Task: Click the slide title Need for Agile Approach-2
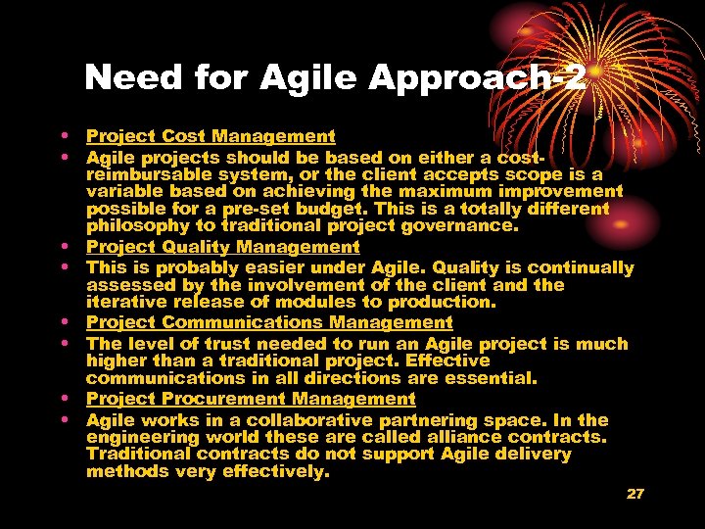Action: (x=336, y=78)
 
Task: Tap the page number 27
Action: (x=635, y=494)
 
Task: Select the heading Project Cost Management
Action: (x=211, y=137)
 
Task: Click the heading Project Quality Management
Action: (x=223, y=248)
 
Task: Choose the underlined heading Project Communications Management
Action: (x=269, y=322)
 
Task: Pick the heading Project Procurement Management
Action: (x=251, y=399)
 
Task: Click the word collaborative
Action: (x=295, y=419)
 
